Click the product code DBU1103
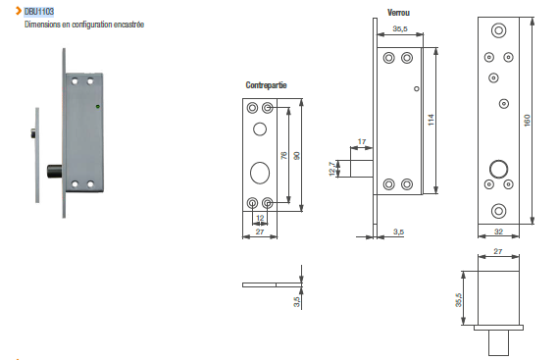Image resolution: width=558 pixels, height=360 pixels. point(39,12)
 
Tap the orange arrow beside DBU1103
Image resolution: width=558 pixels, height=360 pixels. point(19,11)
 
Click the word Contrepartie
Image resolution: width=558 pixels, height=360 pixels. point(266,85)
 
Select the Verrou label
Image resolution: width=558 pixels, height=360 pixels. point(398,13)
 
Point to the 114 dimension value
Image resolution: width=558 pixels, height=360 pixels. point(431,120)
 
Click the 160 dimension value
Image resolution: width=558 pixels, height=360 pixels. point(527,120)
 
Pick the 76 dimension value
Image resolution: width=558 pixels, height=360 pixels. point(283,155)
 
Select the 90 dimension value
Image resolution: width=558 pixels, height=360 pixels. point(296,156)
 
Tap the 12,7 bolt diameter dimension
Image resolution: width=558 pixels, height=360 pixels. point(332,169)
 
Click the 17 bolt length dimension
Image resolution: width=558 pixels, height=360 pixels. point(362,141)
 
